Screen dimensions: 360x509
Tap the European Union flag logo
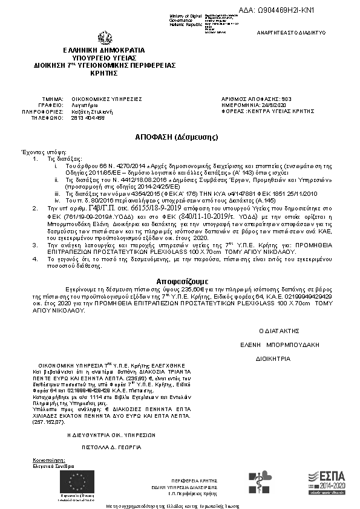click(76, 481)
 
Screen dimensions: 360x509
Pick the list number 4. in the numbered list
click(36, 258)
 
